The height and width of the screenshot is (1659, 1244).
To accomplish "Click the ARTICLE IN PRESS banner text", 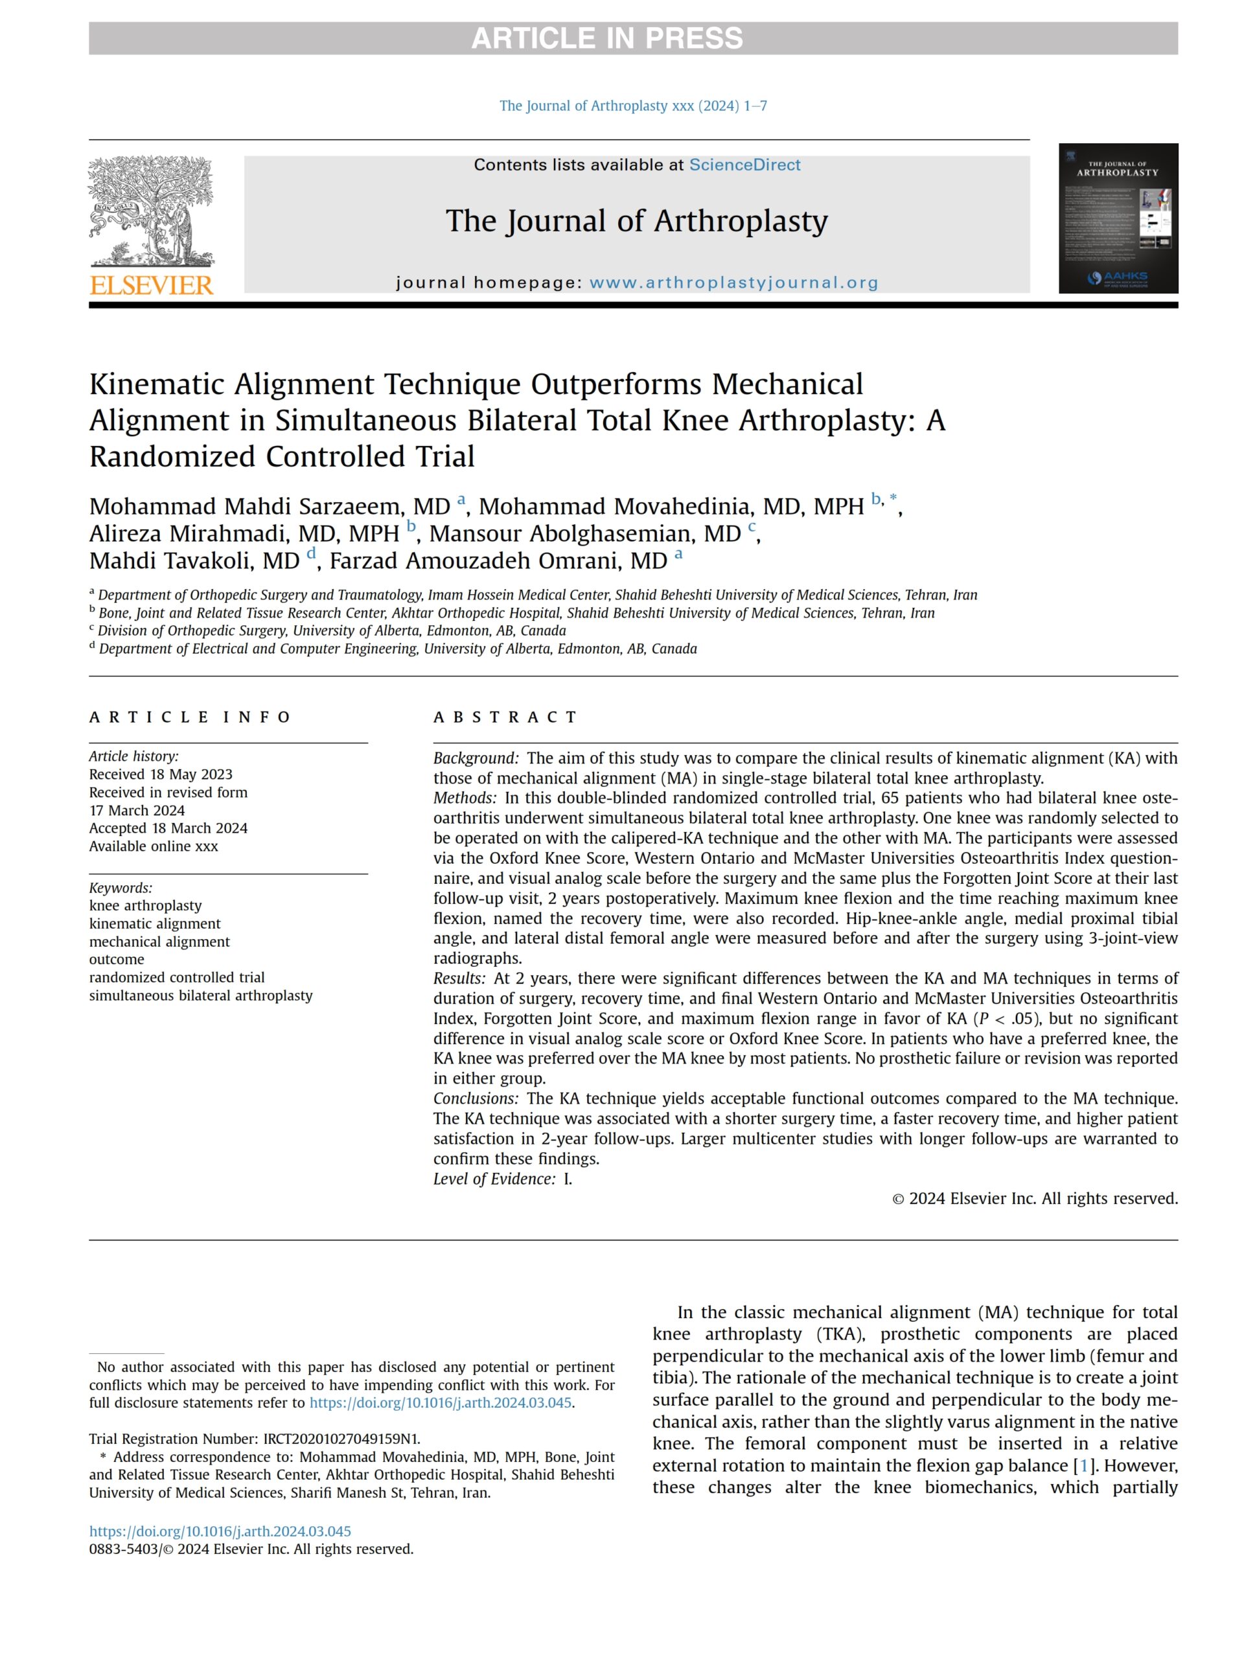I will (606, 38).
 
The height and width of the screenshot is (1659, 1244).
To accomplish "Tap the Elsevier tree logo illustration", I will (151, 211).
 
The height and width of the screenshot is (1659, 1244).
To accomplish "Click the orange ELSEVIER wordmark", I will (152, 285).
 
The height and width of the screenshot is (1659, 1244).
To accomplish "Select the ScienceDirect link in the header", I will (744, 165).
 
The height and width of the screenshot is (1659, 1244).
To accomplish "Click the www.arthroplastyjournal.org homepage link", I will (733, 283).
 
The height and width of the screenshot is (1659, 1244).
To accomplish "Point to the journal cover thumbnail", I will (1117, 218).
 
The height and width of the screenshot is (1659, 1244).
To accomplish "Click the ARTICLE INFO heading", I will (190, 717).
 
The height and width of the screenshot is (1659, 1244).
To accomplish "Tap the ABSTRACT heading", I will (505, 717).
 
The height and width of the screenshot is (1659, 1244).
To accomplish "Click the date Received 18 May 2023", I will (161, 774).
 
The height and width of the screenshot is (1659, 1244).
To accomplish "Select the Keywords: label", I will (120, 888).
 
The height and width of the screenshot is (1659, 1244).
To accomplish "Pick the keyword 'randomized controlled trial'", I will (176, 977).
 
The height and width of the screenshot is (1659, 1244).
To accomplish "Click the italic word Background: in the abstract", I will (476, 758).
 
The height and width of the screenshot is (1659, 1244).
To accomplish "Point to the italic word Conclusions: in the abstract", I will (476, 1098).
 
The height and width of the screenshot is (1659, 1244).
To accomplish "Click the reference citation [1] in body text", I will (1083, 1465).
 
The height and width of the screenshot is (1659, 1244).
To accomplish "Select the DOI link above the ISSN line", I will (220, 1531).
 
